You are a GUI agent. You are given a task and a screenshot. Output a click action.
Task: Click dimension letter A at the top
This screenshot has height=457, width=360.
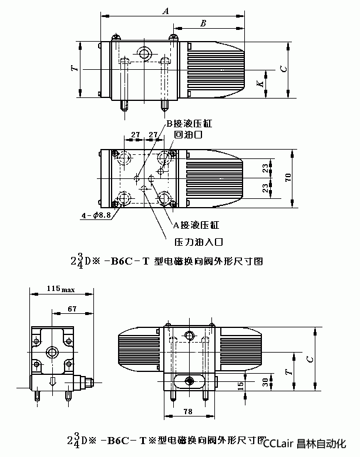pos(166,11)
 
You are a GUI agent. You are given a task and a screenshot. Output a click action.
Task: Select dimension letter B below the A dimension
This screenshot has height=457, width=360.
pos(203,23)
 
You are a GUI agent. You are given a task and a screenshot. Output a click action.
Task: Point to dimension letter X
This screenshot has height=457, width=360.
pos(259,83)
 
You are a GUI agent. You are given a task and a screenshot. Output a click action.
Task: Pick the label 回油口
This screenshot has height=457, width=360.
pos(189,135)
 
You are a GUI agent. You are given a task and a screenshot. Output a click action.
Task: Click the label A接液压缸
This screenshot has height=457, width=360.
pos(196,225)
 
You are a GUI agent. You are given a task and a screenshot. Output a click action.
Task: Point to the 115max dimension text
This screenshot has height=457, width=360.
pos(60,289)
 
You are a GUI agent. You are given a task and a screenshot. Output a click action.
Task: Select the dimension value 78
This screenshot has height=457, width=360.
pos(188,412)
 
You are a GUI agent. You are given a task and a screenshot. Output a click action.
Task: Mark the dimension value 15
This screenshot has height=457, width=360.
pos(240,385)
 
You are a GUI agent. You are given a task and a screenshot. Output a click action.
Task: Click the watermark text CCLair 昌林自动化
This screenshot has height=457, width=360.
pos(309,444)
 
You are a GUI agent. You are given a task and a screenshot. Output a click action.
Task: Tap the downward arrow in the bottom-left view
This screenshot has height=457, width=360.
pos(53,382)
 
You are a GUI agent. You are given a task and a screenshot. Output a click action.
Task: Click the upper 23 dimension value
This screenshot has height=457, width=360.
pos(265,169)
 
